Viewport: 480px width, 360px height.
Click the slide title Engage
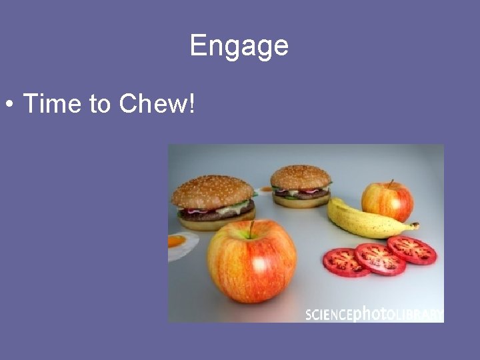coord(239,46)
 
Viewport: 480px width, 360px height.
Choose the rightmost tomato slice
coord(412,249)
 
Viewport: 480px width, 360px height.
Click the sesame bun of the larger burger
coord(211,189)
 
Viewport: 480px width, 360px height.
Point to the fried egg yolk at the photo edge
coord(176,241)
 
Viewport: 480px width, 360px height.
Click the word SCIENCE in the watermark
coord(329,315)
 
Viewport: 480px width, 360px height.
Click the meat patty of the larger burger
coord(217,213)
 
